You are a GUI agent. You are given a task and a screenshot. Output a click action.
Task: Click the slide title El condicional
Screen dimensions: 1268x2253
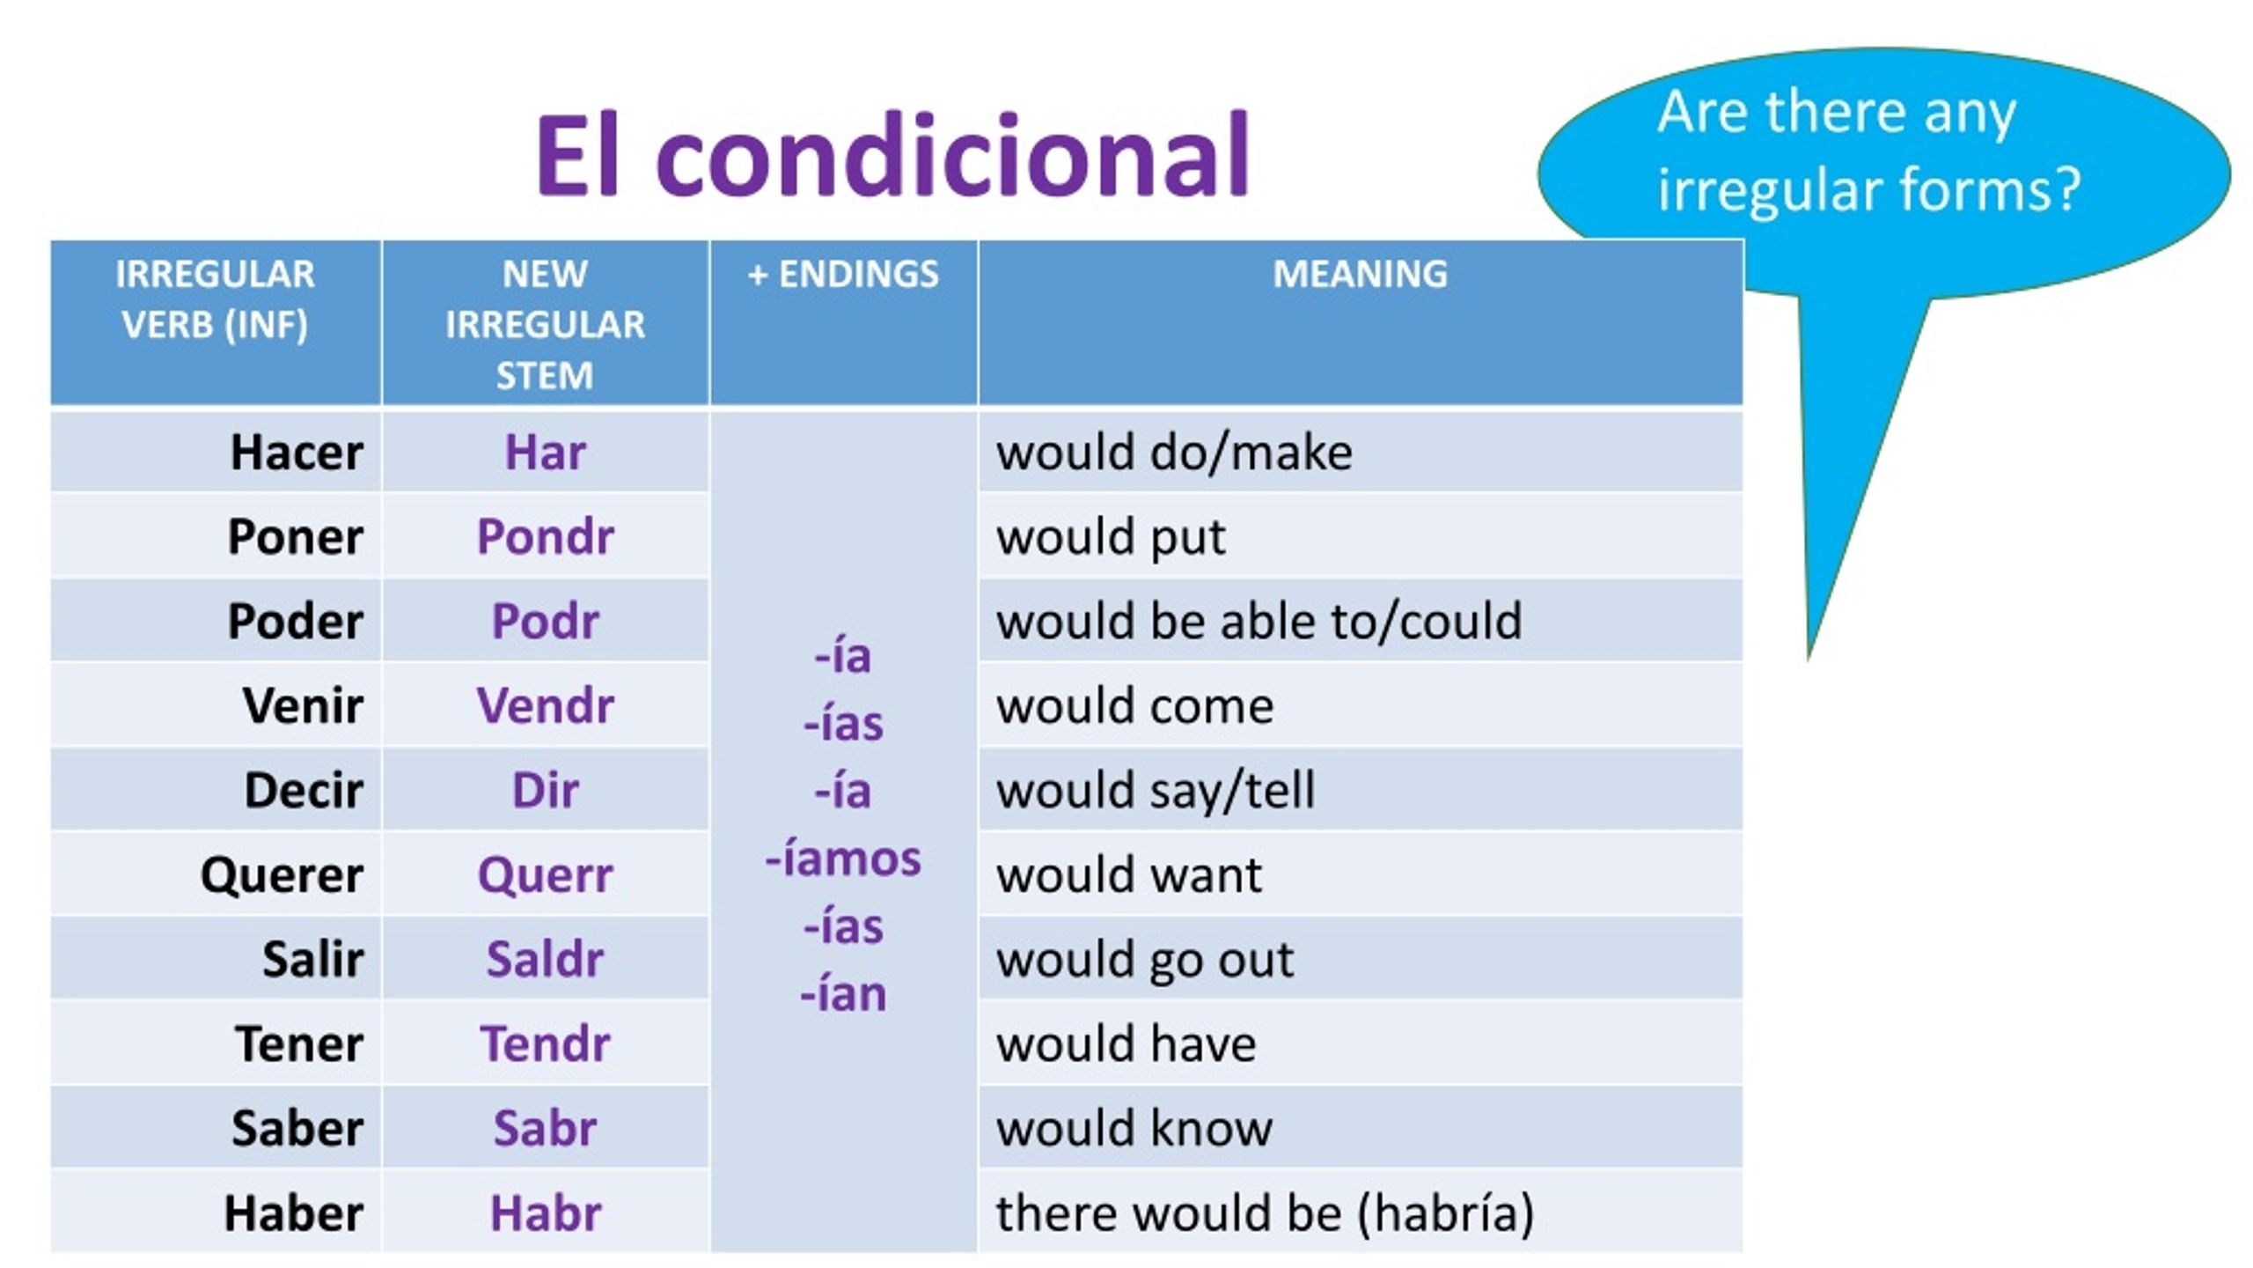[892, 156]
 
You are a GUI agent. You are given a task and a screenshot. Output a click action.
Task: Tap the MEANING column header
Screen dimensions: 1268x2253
[1360, 274]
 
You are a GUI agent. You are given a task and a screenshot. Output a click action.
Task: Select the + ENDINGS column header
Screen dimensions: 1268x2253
[843, 274]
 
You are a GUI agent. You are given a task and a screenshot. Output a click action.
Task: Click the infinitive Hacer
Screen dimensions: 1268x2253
[296, 453]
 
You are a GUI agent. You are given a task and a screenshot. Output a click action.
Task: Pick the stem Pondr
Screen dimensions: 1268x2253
[545, 536]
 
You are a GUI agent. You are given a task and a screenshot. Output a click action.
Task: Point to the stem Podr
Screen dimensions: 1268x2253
[545, 621]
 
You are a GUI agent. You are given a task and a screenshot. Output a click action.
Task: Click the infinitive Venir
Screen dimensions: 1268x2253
[303, 705]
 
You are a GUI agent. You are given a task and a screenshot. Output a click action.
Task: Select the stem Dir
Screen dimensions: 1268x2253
[545, 790]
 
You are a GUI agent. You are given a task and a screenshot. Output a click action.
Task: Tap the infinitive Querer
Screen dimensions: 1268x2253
[282, 874]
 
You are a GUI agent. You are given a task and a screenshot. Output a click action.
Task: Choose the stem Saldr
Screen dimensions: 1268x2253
[545, 959]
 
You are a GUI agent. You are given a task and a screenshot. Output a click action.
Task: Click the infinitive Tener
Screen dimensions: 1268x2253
[299, 1043]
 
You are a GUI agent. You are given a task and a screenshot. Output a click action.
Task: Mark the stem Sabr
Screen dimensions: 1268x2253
[545, 1128]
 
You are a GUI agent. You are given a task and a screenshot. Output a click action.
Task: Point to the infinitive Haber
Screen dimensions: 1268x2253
[293, 1213]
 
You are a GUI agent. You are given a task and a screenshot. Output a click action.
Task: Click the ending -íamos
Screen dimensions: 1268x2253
[843, 859]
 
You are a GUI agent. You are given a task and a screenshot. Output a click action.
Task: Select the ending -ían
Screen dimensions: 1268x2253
[843, 994]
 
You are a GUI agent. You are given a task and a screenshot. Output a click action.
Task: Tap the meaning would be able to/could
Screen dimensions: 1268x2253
[1259, 621]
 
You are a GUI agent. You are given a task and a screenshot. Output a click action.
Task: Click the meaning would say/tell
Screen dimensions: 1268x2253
[1156, 790]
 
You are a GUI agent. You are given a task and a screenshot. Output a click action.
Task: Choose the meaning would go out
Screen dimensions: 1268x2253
[1145, 959]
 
